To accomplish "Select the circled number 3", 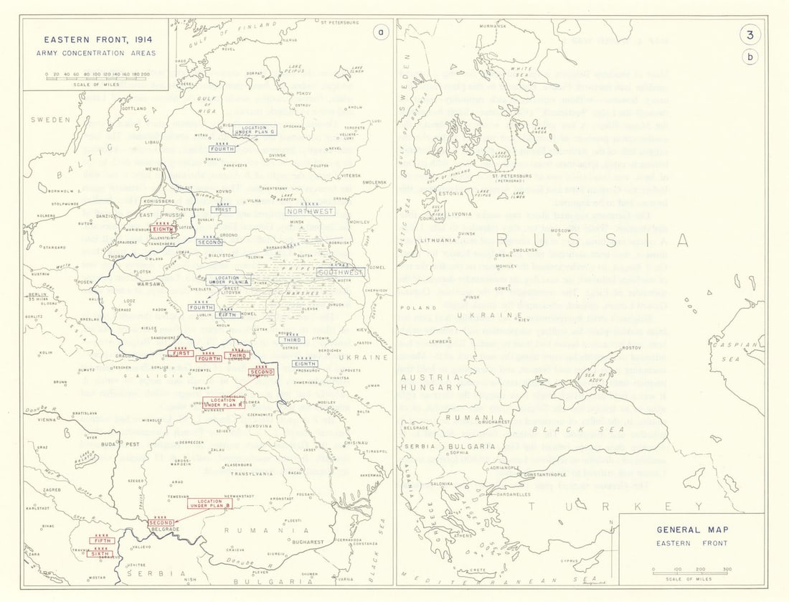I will click(750, 34).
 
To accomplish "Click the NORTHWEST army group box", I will click(309, 212).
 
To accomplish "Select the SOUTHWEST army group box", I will click(340, 273).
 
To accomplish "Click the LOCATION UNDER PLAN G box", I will click(253, 130).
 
